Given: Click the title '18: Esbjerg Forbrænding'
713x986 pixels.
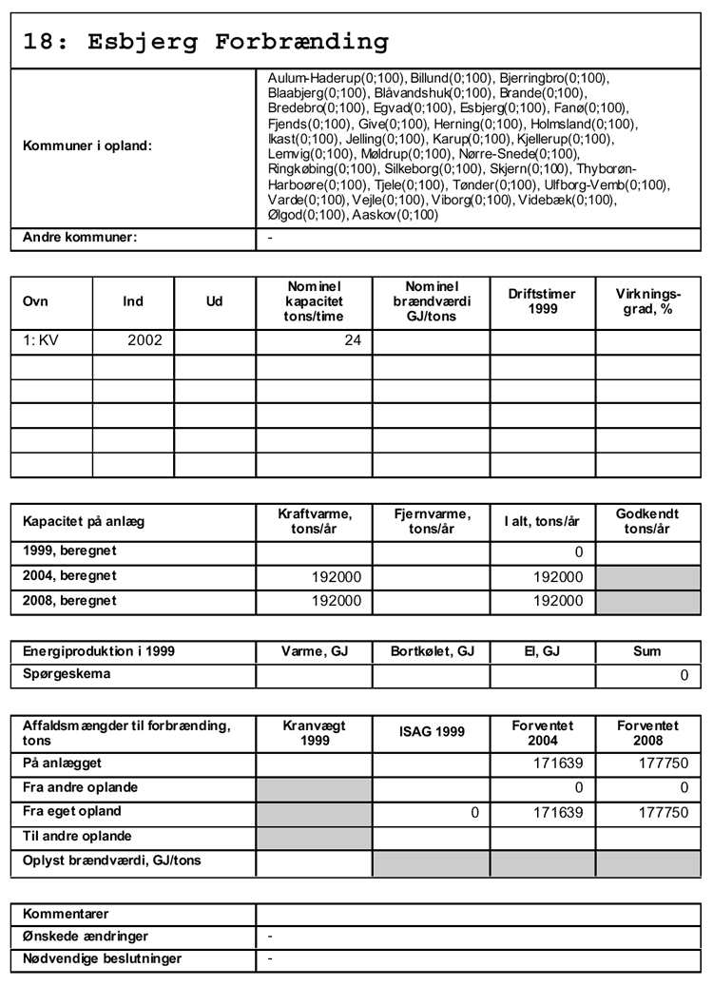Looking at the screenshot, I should coord(206,42).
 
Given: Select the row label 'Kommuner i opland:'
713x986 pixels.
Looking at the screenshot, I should coord(87,146).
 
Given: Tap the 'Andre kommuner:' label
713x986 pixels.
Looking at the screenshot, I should coord(80,237).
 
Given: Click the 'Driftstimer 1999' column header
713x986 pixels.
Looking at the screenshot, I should coord(542,301).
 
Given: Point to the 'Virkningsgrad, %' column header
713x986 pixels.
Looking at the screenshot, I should coord(648,301).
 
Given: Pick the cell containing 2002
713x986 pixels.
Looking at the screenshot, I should coord(145,340).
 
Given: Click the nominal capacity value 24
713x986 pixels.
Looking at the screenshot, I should coord(352,340).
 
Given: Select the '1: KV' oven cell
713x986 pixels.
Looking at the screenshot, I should coord(41,340).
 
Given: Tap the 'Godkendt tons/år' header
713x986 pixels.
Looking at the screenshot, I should coord(647,521).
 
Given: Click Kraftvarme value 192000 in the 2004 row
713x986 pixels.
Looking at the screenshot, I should coord(337,576).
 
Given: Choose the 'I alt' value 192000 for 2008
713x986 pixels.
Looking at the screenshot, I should coord(557,600).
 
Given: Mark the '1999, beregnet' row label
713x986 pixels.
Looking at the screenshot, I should coord(69,551).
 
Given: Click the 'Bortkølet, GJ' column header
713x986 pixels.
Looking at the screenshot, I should coord(432,651).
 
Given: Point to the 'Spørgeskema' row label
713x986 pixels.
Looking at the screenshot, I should coord(67,674).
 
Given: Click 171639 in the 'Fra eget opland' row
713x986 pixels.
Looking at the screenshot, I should coord(557,812).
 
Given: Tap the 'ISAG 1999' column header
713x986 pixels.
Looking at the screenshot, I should coord(432,731).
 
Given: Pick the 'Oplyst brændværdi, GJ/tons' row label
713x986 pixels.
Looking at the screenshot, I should coord(112,861).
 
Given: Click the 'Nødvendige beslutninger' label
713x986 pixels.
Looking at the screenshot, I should coord(102,958).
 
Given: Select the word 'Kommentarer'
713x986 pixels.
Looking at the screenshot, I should coord(66,914).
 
